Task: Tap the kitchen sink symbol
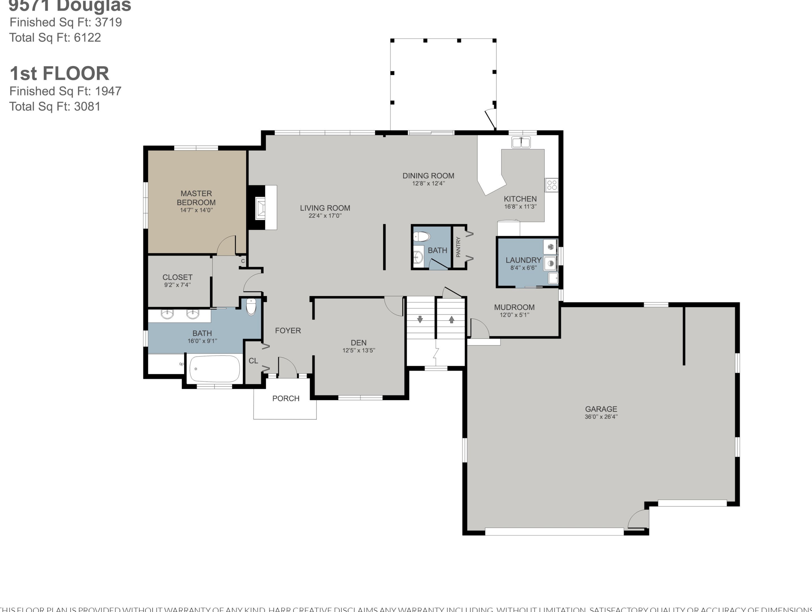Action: pyautogui.click(x=521, y=142)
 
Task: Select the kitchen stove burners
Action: pyautogui.click(x=552, y=185)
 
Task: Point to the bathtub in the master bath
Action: pyautogui.click(x=215, y=369)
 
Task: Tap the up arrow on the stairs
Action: pyautogui.click(x=451, y=319)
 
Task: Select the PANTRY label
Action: pyautogui.click(x=458, y=247)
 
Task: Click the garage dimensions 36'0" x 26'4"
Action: pyautogui.click(x=601, y=417)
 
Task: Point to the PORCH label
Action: pyautogui.click(x=286, y=398)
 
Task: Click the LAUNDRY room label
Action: pyautogui.click(x=523, y=260)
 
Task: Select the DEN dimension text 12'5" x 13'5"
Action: pyautogui.click(x=359, y=350)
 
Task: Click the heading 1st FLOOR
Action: pyautogui.click(x=60, y=74)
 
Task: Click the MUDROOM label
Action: pyautogui.click(x=514, y=307)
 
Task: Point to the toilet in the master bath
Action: pyautogui.click(x=251, y=307)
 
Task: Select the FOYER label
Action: pyautogui.click(x=288, y=330)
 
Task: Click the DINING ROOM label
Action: pyautogui.click(x=428, y=176)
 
